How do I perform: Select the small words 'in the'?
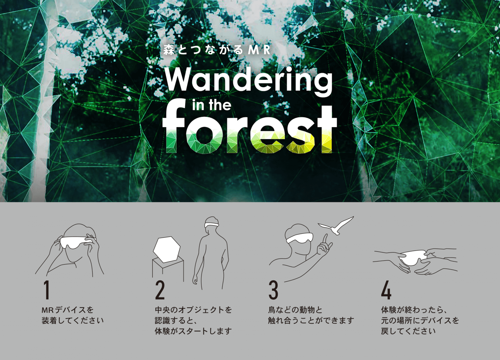[212, 105]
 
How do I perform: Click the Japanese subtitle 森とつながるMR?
[217, 50]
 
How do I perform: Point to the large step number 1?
[46, 290]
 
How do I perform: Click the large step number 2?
[160, 290]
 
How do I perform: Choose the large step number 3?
[273, 290]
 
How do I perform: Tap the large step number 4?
[386, 290]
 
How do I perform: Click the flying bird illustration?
[336, 226]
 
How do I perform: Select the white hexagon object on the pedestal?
[167, 250]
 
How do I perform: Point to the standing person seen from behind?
[211, 253]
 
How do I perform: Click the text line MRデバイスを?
[68, 310]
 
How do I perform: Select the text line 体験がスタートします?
[193, 331]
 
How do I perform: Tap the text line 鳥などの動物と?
[295, 310]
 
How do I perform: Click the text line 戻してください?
[408, 331]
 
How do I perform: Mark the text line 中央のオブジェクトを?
[193, 310]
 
